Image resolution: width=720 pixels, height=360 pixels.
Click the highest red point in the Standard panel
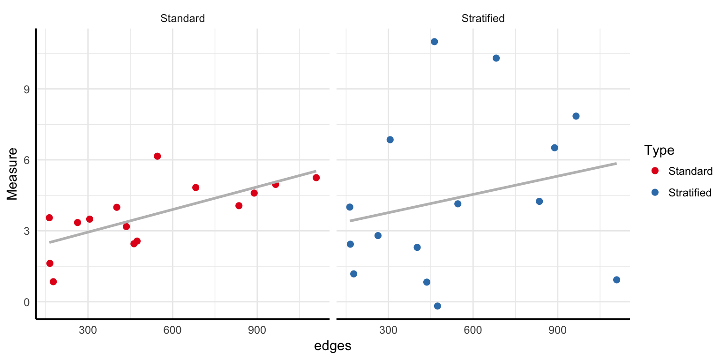157,156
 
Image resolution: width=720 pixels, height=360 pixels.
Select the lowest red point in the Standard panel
53,282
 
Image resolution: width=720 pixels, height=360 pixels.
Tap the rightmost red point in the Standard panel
316,178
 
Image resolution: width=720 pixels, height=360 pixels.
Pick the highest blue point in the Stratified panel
434,42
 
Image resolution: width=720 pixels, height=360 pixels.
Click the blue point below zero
437,306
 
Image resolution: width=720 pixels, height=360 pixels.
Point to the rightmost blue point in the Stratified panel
616,280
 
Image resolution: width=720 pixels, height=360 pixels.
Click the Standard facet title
182,19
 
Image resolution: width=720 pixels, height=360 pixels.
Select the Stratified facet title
483,19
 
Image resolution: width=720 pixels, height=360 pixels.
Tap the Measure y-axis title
13,173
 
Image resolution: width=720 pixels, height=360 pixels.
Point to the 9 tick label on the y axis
26,89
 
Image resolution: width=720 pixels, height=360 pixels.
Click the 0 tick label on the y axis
26,302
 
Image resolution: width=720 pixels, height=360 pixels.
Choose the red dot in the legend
655,171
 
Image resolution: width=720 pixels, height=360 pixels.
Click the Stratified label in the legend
690,193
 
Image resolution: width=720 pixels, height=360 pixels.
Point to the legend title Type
659,150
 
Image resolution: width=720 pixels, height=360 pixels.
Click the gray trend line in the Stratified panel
483,192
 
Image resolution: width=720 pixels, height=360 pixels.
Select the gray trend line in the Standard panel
183,207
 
